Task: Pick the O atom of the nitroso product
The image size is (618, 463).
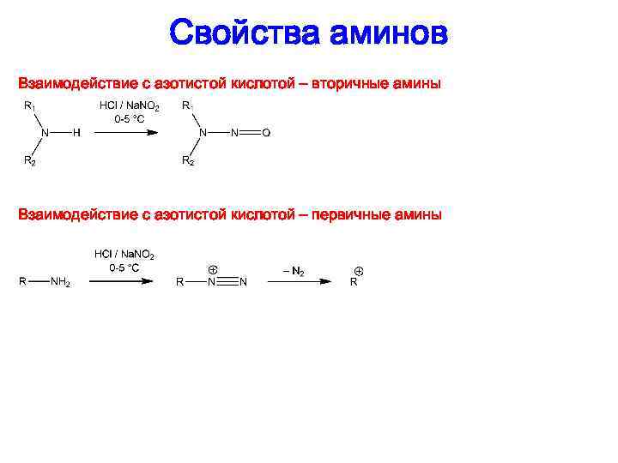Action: [x=265, y=133]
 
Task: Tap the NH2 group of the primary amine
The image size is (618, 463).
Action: [x=60, y=282]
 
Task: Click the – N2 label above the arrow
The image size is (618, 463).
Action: [x=294, y=270]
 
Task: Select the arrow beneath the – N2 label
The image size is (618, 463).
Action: [x=301, y=281]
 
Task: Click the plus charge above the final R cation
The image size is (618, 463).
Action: [x=358, y=271]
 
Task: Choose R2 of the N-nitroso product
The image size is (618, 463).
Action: [x=187, y=160]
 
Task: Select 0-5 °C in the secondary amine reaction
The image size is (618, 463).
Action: [x=129, y=119]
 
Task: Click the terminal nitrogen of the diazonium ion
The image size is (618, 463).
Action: [x=243, y=282]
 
